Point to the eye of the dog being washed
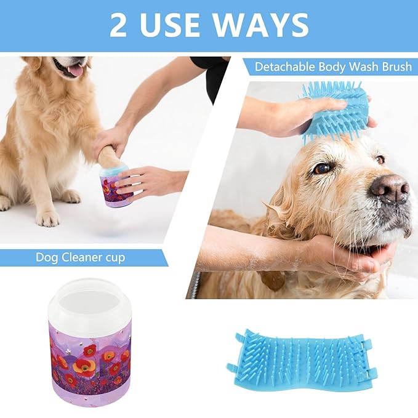pyautogui.click(x=320, y=168)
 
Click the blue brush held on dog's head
pyautogui.click(x=336, y=111)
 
